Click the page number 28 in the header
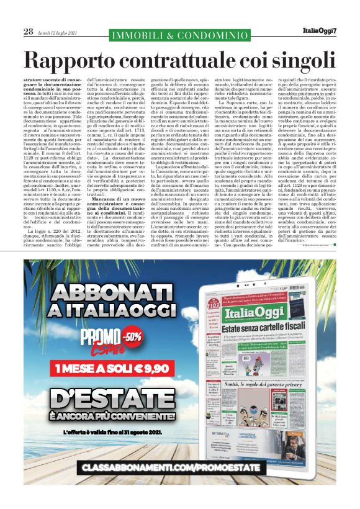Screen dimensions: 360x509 coord(28,31)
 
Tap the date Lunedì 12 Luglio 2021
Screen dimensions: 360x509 coord(57,32)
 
